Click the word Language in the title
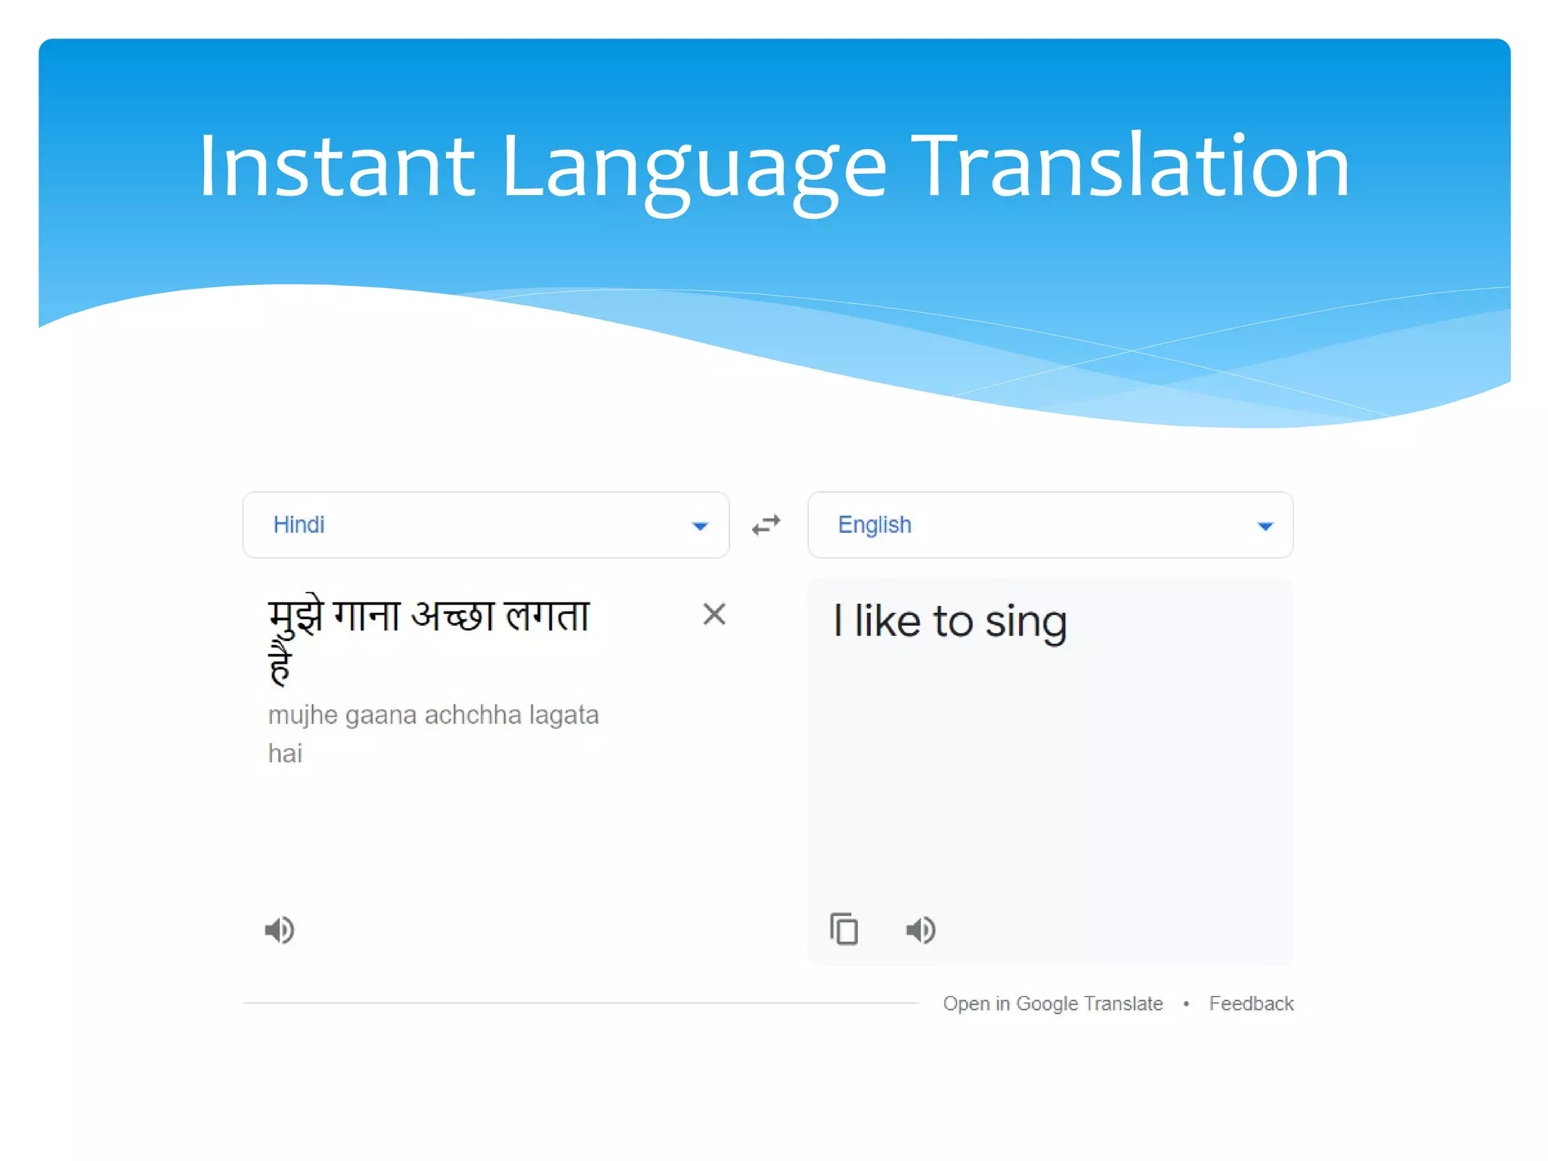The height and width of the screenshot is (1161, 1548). click(692, 168)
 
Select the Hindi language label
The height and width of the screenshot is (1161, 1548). click(299, 525)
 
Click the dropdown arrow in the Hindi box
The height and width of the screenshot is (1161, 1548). click(700, 526)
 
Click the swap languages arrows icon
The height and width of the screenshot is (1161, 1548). click(766, 525)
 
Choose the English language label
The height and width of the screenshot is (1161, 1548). click(875, 525)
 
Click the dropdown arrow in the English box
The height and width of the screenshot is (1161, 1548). click(1265, 526)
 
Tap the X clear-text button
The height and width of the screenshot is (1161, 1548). click(714, 614)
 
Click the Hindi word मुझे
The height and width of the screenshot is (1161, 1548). click(296, 617)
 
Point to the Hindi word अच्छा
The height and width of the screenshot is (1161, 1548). click(452, 615)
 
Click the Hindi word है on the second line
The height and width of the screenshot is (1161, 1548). click(280, 664)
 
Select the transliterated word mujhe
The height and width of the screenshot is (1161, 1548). click(302, 715)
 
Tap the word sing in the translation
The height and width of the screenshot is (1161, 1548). click(1026, 623)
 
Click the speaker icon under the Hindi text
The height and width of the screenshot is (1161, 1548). click(280, 930)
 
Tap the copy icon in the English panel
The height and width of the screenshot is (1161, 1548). click(844, 930)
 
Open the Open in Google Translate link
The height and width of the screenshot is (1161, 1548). click(1052, 1004)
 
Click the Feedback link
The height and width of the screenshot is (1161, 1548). click(1251, 1004)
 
